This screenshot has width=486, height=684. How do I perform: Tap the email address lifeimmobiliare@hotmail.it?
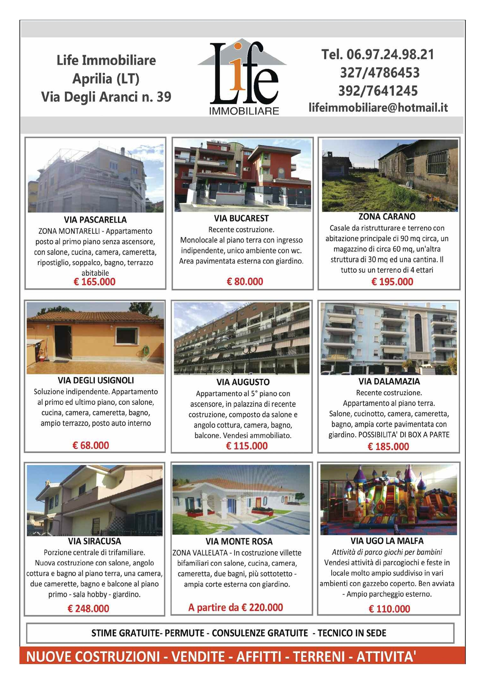pyautogui.click(x=378, y=108)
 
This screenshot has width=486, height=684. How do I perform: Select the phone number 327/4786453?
pyautogui.click(x=379, y=73)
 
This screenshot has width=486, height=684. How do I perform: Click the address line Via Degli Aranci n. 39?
pyautogui.click(x=106, y=97)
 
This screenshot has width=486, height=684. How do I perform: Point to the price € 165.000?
pyautogui.click(x=94, y=282)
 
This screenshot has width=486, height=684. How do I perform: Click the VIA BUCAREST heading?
pyautogui.click(x=241, y=218)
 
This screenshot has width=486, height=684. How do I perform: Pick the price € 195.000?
pyautogui.click(x=392, y=282)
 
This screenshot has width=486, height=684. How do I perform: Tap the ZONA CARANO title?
pyautogui.click(x=387, y=216)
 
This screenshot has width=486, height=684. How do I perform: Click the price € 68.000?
pyautogui.click(x=91, y=445)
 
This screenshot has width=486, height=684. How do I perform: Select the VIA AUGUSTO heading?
pyautogui.click(x=243, y=382)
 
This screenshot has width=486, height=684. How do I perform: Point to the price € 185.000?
pyautogui.click(x=388, y=447)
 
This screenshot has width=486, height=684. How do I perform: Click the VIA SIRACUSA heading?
pyautogui.click(x=94, y=541)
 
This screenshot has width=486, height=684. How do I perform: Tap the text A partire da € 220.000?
pyautogui.click(x=235, y=607)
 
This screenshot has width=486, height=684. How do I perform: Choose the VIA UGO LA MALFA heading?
pyautogui.click(x=387, y=541)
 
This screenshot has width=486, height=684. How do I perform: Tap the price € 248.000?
pyautogui.click(x=88, y=608)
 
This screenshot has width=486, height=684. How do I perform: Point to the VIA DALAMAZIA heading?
pyautogui.click(x=389, y=381)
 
